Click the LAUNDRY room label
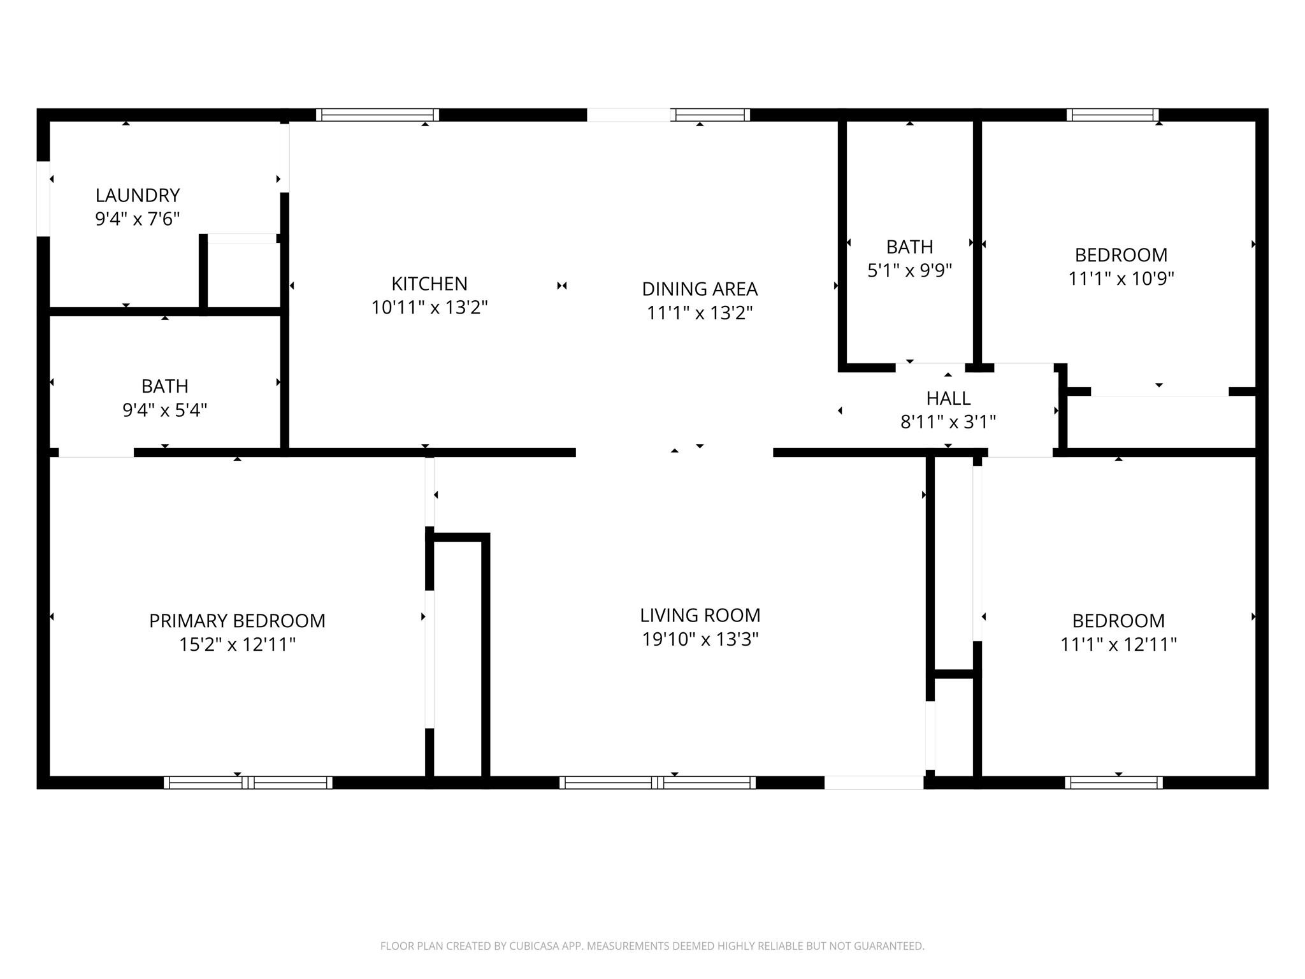138,195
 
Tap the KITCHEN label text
429,284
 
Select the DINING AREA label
700,289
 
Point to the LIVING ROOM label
700,615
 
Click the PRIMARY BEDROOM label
237,621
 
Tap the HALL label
948,398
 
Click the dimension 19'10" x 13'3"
700,639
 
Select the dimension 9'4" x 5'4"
165,410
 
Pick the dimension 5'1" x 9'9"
909,270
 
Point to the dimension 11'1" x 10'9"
1121,279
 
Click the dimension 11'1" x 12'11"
1118,644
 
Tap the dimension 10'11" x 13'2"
429,308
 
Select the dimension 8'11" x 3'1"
948,422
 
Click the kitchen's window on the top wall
377,115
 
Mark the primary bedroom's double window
248,783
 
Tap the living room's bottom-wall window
658,783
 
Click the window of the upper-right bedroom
1113,115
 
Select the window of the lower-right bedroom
1114,783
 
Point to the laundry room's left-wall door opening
43,199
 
